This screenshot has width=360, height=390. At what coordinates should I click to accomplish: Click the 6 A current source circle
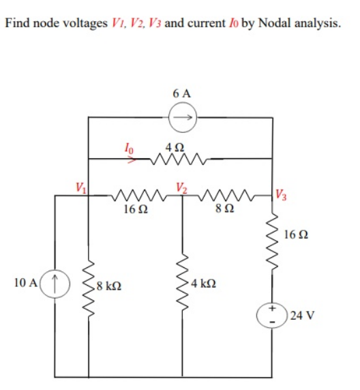click(182, 118)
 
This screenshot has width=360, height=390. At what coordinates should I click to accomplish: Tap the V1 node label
click(81, 186)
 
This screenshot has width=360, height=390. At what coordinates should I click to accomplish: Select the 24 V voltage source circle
click(273, 315)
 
